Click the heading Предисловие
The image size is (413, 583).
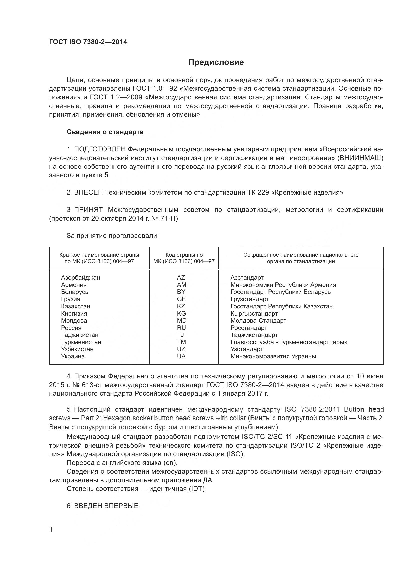[x=216, y=62]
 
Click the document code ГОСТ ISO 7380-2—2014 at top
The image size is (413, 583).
[x=88, y=42]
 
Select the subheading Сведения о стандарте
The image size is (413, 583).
[x=105, y=132]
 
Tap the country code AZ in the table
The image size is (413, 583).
[x=181, y=277]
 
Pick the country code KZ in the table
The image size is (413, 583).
[x=181, y=306]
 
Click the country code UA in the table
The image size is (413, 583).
[x=181, y=356]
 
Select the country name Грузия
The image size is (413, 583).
[x=70, y=299]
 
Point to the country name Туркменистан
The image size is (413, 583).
[x=81, y=342]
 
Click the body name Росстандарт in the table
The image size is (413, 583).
[x=249, y=328]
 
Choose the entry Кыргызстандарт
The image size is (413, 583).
[x=254, y=313]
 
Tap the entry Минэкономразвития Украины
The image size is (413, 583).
[x=273, y=356]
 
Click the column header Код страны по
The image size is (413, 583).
[x=184, y=255]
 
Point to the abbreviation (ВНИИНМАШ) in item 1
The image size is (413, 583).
[x=360, y=158]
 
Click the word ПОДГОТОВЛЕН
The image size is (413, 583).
[x=100, y=149]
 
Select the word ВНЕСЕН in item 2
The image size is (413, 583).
[x=88, y=192]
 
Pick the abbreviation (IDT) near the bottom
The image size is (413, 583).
[x=196, y=489]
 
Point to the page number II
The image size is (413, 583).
[x=51, y=529]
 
